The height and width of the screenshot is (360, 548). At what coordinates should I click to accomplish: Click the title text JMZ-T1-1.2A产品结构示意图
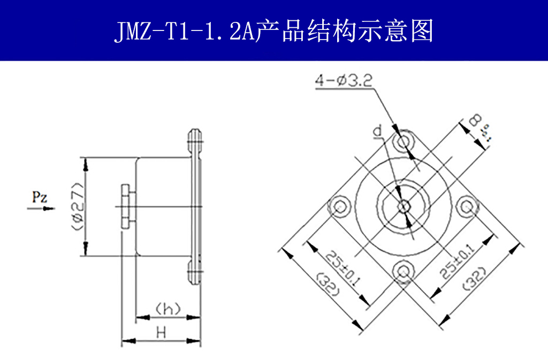pos(273,32)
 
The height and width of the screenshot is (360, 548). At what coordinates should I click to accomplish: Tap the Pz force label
pos(39,197)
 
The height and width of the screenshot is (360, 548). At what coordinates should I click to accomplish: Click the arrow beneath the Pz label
pos(41,208)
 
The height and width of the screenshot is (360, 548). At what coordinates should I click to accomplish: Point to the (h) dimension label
pos(167,309)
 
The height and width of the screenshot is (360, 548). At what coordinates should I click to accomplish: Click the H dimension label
pos(161,332)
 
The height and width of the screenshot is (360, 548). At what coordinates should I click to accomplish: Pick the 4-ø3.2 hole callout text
pos(344,81)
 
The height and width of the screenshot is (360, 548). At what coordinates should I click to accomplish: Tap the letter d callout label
pos(378,131)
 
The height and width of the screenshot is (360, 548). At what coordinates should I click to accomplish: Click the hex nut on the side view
pos(126,206)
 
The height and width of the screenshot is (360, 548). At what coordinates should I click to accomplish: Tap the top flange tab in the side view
pos(194,140)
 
